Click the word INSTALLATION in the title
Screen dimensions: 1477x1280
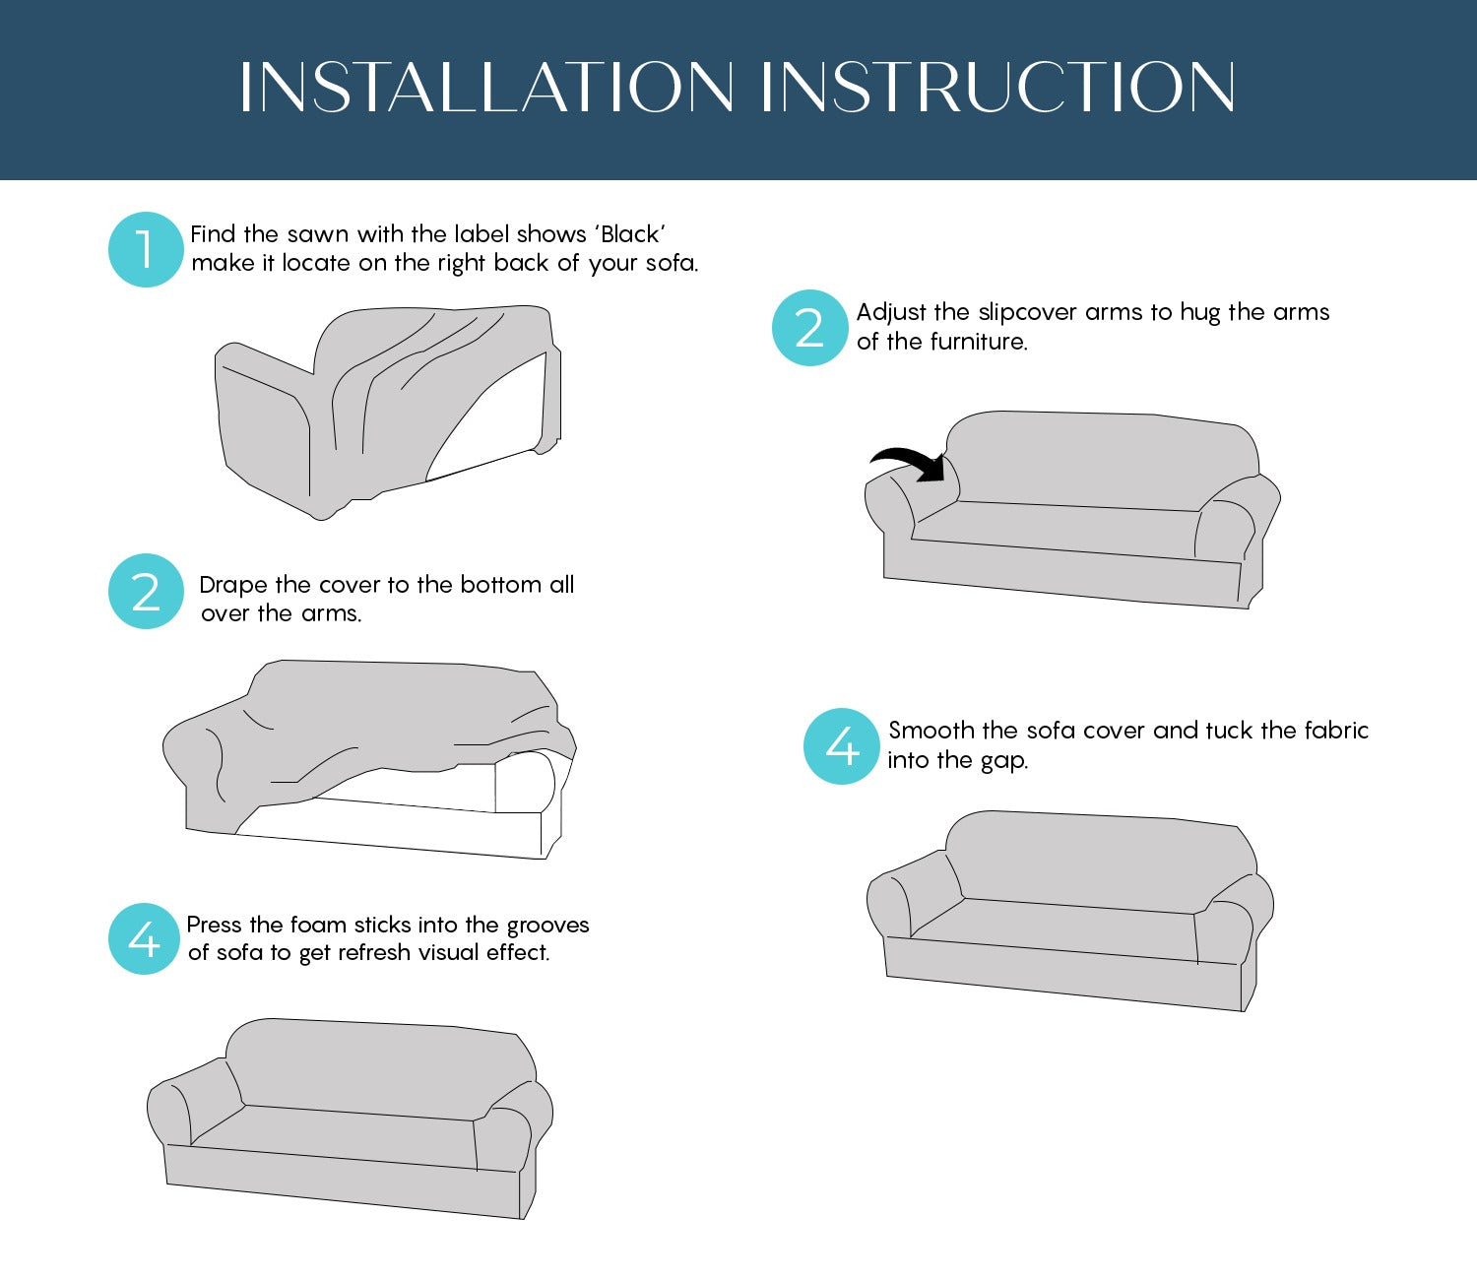coord(486,88)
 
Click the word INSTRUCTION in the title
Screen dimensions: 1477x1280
coord(998,88)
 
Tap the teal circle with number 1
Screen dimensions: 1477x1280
coord(146,249)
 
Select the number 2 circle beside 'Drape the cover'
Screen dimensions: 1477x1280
coord(146,591)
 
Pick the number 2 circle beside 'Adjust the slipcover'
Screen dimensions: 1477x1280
coord(809,328)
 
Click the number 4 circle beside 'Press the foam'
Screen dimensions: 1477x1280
coord(144,938)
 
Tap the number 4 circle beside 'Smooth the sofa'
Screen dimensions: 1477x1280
coord(841,746)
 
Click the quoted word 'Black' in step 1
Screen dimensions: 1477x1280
coord(631,234)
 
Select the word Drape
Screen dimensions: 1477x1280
coord(233,586)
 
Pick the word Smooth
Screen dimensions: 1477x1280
coord(931,731)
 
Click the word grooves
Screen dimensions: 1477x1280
coord(547,927)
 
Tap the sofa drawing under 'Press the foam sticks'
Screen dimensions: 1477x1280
coord(350,1119)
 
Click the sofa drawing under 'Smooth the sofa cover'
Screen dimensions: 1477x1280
coord(1069,911)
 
